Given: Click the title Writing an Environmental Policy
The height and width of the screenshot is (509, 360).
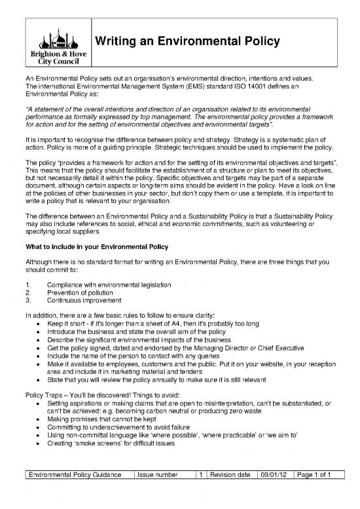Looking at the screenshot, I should click(189, 42).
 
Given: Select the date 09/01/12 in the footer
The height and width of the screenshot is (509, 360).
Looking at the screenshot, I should click(274, 492).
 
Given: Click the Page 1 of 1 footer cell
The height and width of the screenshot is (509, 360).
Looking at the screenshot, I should click(317, 492).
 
